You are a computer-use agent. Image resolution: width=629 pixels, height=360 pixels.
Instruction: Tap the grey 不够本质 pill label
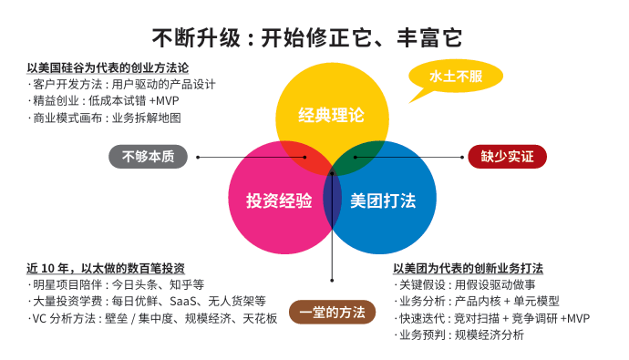[x=148, y=156]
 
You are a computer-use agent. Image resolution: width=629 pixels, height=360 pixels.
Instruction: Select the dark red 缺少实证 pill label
[x=507, y=156]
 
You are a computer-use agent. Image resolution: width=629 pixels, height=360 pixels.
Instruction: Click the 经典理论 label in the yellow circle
[x=331, y=116]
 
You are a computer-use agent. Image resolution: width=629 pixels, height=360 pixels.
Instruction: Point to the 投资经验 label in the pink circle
[x=279, y=200]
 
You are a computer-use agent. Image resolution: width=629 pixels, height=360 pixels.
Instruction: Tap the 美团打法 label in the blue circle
[x=383, y=200]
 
